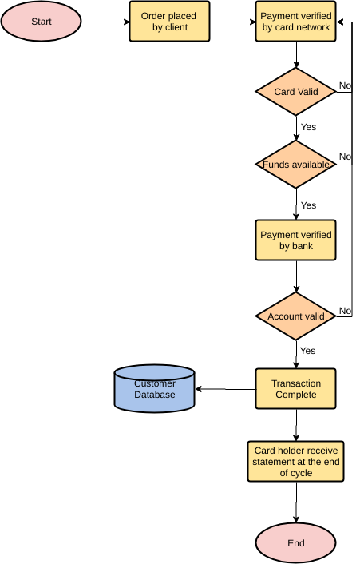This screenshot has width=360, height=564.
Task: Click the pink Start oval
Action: (41, 22)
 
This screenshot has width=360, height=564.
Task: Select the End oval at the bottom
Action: (295, 543)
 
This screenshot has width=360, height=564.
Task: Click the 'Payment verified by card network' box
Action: (296, 22)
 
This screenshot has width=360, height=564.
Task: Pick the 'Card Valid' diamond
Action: (296, 92)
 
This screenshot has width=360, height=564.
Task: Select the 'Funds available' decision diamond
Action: (296, 165)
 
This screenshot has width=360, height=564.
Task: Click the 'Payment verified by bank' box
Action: (296, 240)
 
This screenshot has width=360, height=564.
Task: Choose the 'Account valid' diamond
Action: (296, 316)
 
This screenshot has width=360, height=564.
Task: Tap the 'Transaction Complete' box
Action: (296, 389)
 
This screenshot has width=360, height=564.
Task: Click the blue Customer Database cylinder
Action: (155, 389)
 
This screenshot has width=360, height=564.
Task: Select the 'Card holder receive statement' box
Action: (296, 462)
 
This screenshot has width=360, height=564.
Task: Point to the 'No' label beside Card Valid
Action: (345, 85)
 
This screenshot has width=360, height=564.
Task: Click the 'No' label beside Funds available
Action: (345, 157)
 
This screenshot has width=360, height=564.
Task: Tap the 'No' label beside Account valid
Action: (345, 310)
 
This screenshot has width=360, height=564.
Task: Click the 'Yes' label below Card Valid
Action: (308, 127)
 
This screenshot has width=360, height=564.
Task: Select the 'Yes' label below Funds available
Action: (308, 205)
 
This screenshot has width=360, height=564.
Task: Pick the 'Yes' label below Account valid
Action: (308, 351)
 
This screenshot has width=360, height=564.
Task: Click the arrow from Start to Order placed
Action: (105, 22)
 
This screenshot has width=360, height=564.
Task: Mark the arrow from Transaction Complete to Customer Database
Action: (226, 389)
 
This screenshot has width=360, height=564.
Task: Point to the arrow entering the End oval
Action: (296, 503)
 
